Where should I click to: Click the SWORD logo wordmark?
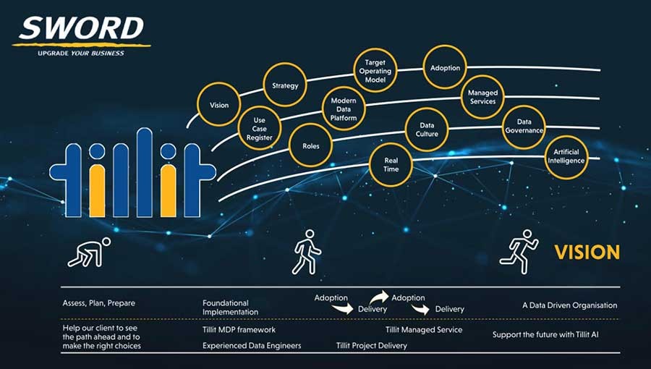[x=81, y=28]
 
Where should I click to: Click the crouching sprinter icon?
[x=89, y=253]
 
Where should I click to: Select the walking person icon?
[x=307, y=252]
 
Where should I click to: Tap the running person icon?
[x=519, y=252]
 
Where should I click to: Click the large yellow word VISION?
[x=587, y=253]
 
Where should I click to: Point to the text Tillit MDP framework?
[x=239, y=330]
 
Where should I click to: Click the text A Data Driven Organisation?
[x=570, y=305]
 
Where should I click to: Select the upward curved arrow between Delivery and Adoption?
[x=379, y=297]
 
